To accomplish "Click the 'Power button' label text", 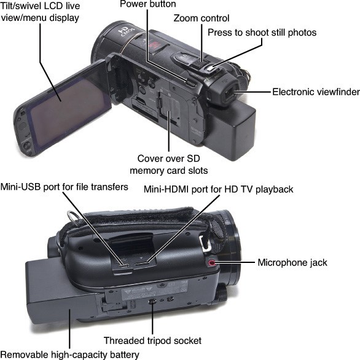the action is point(148,4).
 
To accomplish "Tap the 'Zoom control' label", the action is point(202,18).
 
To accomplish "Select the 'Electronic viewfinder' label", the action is point(316,92).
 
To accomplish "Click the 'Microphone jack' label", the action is point(292,262).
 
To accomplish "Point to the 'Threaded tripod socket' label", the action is point(152,340).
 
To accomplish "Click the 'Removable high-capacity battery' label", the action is point(70,354).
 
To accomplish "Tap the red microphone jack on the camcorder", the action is point(211,262).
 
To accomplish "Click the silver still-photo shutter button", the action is point(209,68).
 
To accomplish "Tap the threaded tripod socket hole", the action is point(152,301).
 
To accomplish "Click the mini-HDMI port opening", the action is point(141,263).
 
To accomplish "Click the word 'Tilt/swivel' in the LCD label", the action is point(21,6).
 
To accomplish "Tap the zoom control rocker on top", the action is point(200,63).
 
